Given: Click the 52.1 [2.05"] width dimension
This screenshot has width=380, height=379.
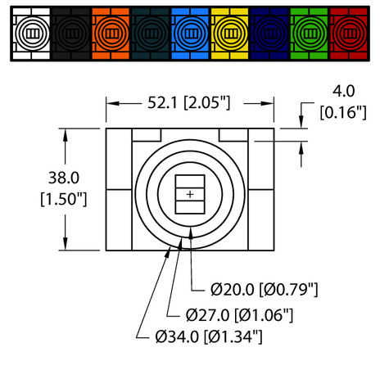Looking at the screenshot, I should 191,102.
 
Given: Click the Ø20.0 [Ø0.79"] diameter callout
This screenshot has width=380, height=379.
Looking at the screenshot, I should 264,289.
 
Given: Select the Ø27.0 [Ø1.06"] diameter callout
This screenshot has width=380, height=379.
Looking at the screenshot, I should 240,314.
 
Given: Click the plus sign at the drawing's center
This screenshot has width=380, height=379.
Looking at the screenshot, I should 190,194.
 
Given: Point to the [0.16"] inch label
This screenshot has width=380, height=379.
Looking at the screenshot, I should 345,113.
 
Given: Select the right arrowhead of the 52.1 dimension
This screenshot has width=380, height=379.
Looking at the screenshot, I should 269,102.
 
